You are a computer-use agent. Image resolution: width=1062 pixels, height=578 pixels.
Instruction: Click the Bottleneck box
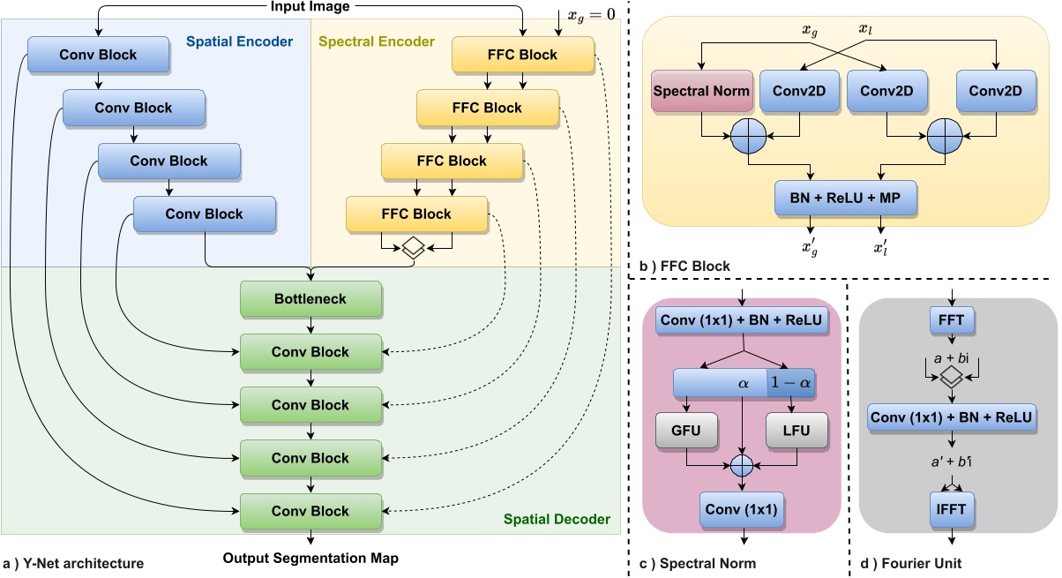(310, 299)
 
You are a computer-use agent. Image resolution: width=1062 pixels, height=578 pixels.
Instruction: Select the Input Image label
(310, 8)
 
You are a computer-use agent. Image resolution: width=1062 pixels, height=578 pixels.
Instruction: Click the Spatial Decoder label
(556, 520)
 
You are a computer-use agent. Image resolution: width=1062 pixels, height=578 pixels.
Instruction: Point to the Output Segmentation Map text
(310, 559)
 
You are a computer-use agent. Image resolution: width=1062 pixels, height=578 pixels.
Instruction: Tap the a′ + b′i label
(951, 462)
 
